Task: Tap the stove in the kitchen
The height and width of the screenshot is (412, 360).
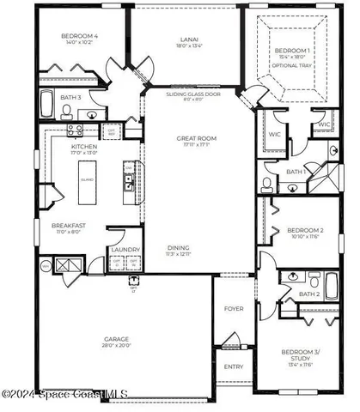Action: point(75,130)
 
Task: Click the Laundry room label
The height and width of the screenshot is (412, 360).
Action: point(119,250)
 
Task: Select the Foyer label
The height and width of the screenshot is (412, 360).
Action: point(234,308)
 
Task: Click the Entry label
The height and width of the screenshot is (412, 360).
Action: point(234,367)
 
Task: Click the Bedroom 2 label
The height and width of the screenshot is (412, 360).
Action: point(304,231)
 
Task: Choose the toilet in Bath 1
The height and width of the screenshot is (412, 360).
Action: point(267,183)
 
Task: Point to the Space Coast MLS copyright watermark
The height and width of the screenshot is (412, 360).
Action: point(64,394)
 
